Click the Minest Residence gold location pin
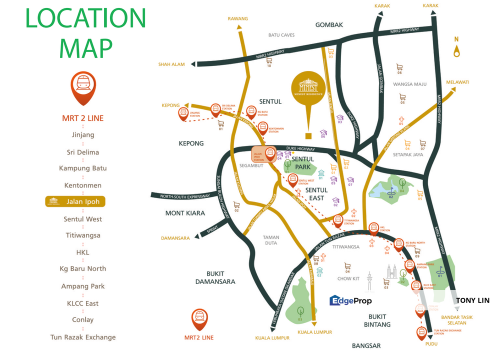point(308,88)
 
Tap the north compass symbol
point(456,49)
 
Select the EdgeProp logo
point(350,300)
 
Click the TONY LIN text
point(472,300)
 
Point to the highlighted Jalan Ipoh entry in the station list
point(75,201)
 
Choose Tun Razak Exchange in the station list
point(83,337)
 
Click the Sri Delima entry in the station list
point(83,152)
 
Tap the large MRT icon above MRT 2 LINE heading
point(83,86)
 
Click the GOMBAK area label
point(329,24)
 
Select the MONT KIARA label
point(185,213)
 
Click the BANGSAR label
point(366,345)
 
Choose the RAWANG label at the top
point(237,18)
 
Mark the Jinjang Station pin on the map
point(184,114)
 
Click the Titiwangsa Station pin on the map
point(338,220)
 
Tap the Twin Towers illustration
point(391,273)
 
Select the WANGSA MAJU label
point(409,84)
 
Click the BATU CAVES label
point(281,35)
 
